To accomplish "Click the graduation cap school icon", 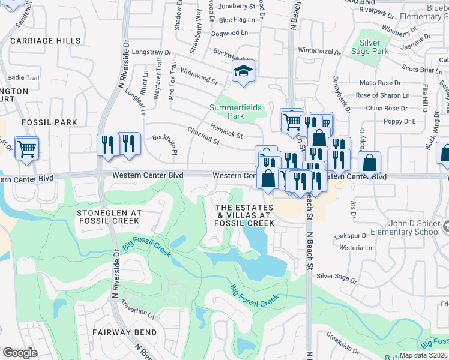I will pyautogui.click(x=244, y=71).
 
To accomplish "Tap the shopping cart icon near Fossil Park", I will pyautogui.click(x=27, y=148).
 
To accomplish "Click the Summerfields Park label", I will pyautogui.click(x=235, y=112).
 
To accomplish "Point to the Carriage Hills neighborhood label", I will pyautogui.click(x=45, y=41).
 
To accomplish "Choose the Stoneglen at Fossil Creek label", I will pyautogui.click(x=109, y=217).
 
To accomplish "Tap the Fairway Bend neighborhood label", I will pyautogui.click(x=125, y=332).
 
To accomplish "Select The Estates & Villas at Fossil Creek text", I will pyautogui.click(x=245, y=215).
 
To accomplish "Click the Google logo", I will pyautogui.click(x=20, y=353).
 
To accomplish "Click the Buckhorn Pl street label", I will pyautogui.click(x=165, y=145).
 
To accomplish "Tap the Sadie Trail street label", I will pyautogui.click(x=23, y=78).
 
